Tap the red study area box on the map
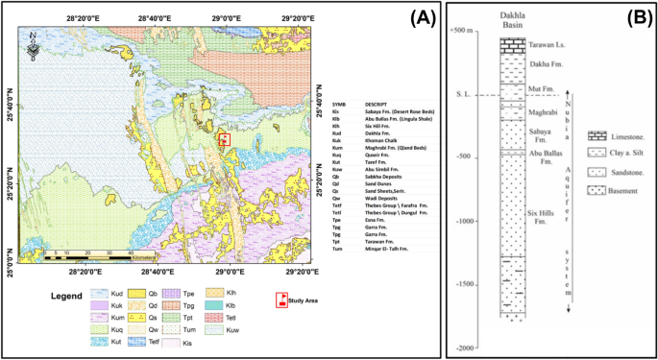tap(225, 139)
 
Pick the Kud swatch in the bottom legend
tap(99, 288)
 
